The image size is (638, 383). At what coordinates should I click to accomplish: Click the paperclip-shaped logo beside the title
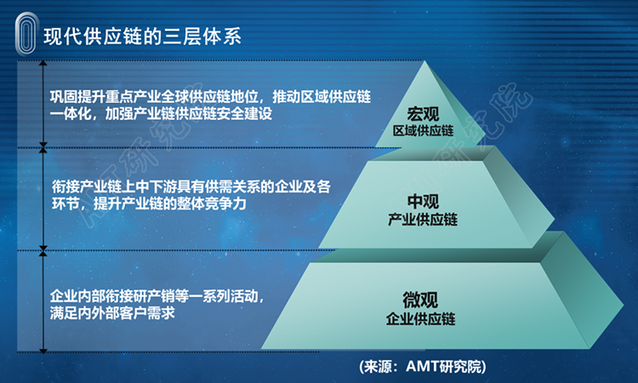[x=26, y=34]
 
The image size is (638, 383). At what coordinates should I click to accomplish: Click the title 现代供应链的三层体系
[x=142, y=37]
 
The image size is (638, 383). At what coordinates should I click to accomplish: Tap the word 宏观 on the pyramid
[x=423, y=114]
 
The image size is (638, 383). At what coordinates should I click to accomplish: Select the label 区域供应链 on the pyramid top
[x=423, y=131]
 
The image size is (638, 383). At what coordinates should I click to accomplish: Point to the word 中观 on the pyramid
[x=423, y=202]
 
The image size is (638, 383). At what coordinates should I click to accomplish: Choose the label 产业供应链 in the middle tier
[x=423, y=220]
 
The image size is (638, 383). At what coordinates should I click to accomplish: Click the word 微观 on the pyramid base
[x=420, y=300]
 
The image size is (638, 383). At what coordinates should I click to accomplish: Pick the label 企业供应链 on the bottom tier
[x=421, y=318]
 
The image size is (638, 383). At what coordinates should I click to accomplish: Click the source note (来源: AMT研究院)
[x=422, y=367]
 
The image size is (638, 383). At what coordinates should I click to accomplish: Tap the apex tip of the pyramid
[x=424, y=61]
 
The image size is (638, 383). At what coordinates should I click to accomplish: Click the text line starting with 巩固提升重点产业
[x=210, y=97]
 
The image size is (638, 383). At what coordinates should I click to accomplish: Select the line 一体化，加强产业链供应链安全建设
[x=161, y=113]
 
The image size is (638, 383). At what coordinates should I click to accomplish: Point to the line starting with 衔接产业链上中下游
[x=191, y=187]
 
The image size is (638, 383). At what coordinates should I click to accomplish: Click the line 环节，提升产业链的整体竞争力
[x=149, y=203]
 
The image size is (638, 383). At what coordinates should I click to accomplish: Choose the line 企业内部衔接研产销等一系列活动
[x=157, y=296]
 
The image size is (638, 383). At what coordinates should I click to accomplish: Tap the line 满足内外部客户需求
[x=112, y=313]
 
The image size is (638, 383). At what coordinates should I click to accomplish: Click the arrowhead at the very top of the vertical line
[x=43, y=63]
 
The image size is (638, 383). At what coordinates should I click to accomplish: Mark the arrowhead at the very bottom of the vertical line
[x=43, y=351]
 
